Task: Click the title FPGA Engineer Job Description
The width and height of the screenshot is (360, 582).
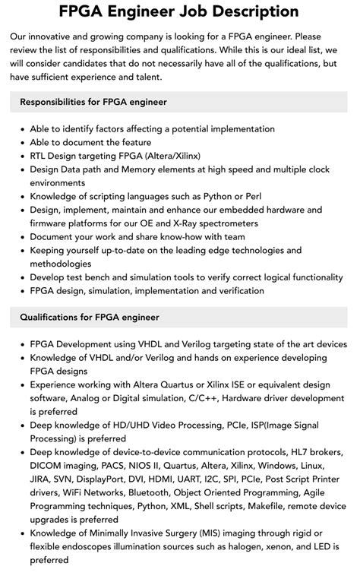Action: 180,11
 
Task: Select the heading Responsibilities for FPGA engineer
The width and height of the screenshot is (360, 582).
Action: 93,102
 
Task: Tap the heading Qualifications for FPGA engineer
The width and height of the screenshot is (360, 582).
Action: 90,317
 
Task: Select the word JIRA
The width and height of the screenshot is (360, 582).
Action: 43,479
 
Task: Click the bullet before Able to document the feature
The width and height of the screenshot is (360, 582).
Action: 22,142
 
